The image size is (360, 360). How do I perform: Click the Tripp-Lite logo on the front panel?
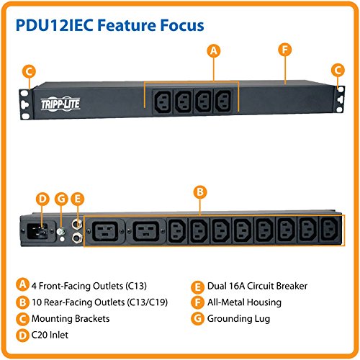pos(60,104)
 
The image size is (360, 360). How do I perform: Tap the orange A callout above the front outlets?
pos(214,51)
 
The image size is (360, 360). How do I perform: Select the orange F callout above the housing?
pos(285,50)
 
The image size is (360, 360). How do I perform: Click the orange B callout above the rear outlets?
pos(200,192)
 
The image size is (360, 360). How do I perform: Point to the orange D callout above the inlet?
pos(42,199)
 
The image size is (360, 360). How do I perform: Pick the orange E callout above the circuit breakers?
pos(77,199)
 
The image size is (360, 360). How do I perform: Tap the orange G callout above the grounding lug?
pos(61,199)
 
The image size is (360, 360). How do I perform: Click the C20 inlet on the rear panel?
pos(37,231)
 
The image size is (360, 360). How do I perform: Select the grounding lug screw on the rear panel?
pos(61,232)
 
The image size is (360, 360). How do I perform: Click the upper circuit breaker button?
pos(77,224)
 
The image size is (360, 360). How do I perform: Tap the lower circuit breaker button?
pos(77,238)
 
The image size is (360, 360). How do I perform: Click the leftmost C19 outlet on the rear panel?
pos(105,231)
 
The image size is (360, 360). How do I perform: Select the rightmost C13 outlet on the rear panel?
pos(329,230)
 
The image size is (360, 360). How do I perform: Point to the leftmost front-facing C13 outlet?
pos(163,102)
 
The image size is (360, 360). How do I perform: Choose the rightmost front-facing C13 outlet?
pos(222,102)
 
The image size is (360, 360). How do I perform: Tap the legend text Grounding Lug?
pos(238,319)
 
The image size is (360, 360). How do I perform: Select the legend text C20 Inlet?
pos(50,335)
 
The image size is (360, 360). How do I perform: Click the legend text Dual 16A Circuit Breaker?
pos(257,286)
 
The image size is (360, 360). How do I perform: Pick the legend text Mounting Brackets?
pos(71,318)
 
